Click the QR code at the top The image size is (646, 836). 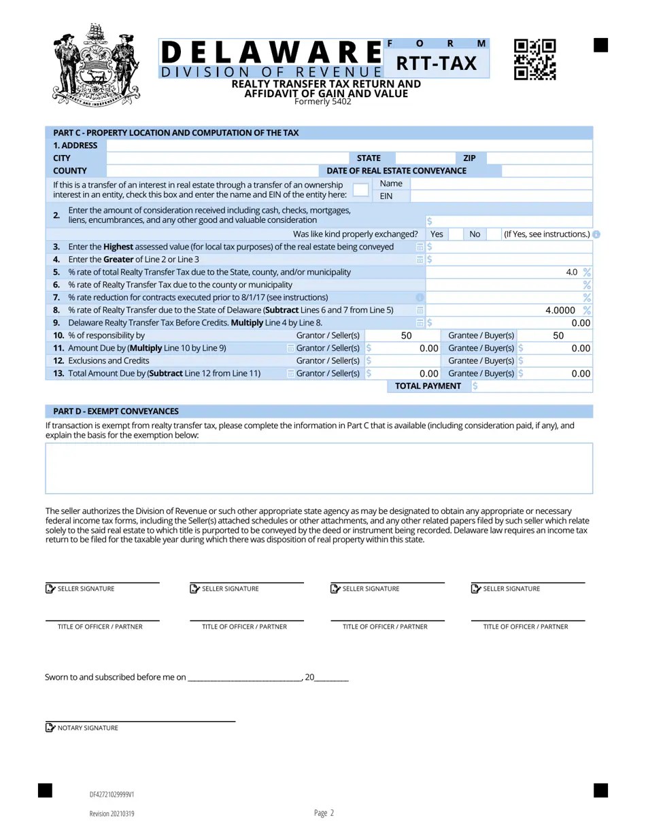[534, 59]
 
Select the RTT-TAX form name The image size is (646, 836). [437, 63]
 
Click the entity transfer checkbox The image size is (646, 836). [360, 190]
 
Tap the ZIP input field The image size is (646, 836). [539, 158]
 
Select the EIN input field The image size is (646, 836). [501, 196]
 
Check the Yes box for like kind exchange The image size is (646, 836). [456, 234]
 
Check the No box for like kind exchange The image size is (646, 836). [494, 234]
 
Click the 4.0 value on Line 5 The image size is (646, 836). [571, 272]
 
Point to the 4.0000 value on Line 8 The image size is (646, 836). [560, 310]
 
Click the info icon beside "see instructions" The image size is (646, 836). [596, 234]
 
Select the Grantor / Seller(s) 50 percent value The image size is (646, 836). [406, 336]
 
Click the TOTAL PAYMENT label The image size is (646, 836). [428, 386]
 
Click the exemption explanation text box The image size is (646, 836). [319, 468]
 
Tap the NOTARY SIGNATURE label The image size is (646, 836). [88, 728]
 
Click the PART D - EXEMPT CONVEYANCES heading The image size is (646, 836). [116, 411]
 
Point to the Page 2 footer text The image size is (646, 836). [324, 813]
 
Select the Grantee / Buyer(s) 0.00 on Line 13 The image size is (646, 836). [580, 373]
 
